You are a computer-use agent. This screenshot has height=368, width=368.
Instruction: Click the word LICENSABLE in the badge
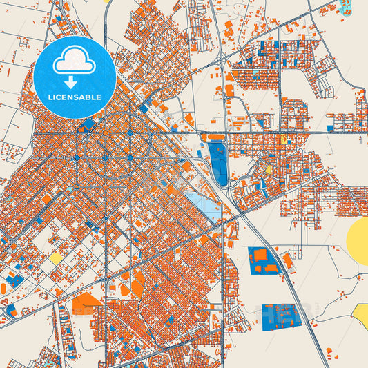click(x=75, y=97)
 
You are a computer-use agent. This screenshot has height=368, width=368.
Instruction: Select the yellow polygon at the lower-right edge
click(x=362, y=316)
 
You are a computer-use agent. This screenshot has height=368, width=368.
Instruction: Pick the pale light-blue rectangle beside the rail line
click(x=202, y=205)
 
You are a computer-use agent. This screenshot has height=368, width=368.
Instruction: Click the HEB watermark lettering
click(x=280, y=313)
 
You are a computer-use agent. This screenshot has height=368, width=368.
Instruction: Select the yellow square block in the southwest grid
click(x=55, y=258)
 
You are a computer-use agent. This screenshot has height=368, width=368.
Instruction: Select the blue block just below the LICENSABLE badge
click(x=87, y=125)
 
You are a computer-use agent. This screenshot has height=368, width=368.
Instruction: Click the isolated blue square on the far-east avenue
click(x=330, y=128)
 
